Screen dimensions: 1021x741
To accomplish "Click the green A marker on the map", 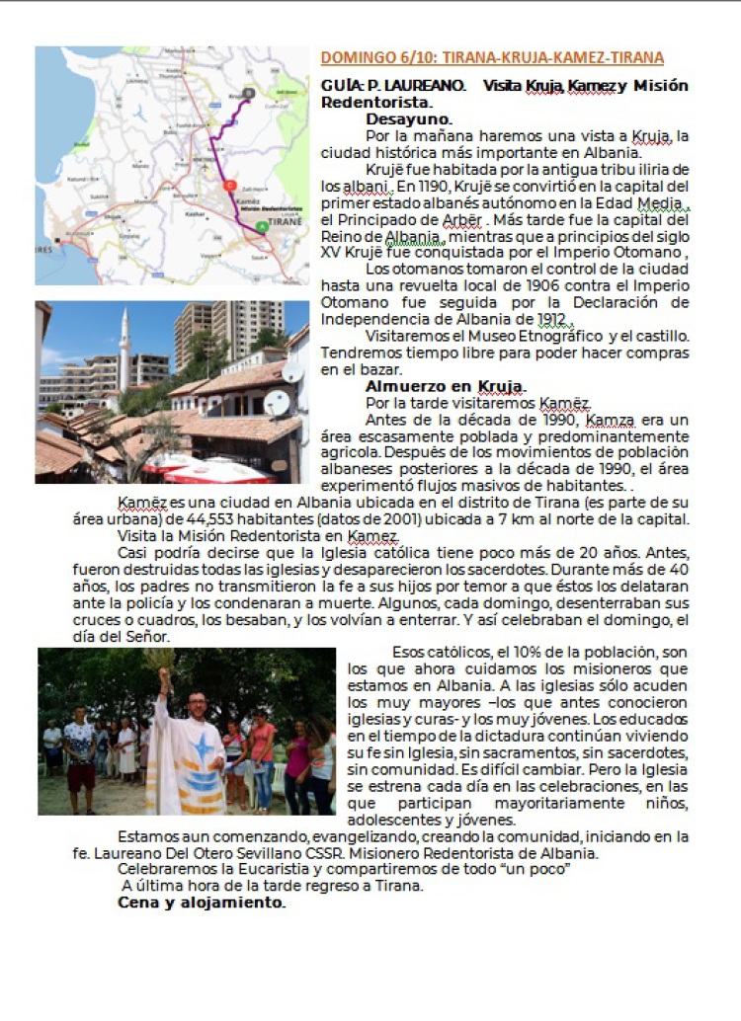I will (261, 227).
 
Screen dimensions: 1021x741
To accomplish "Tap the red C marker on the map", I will (229, 185).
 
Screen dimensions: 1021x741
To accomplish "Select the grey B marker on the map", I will (247, 93).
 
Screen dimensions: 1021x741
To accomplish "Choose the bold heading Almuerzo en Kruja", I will (446, 386).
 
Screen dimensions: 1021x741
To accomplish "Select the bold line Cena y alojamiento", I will (202, 903).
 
